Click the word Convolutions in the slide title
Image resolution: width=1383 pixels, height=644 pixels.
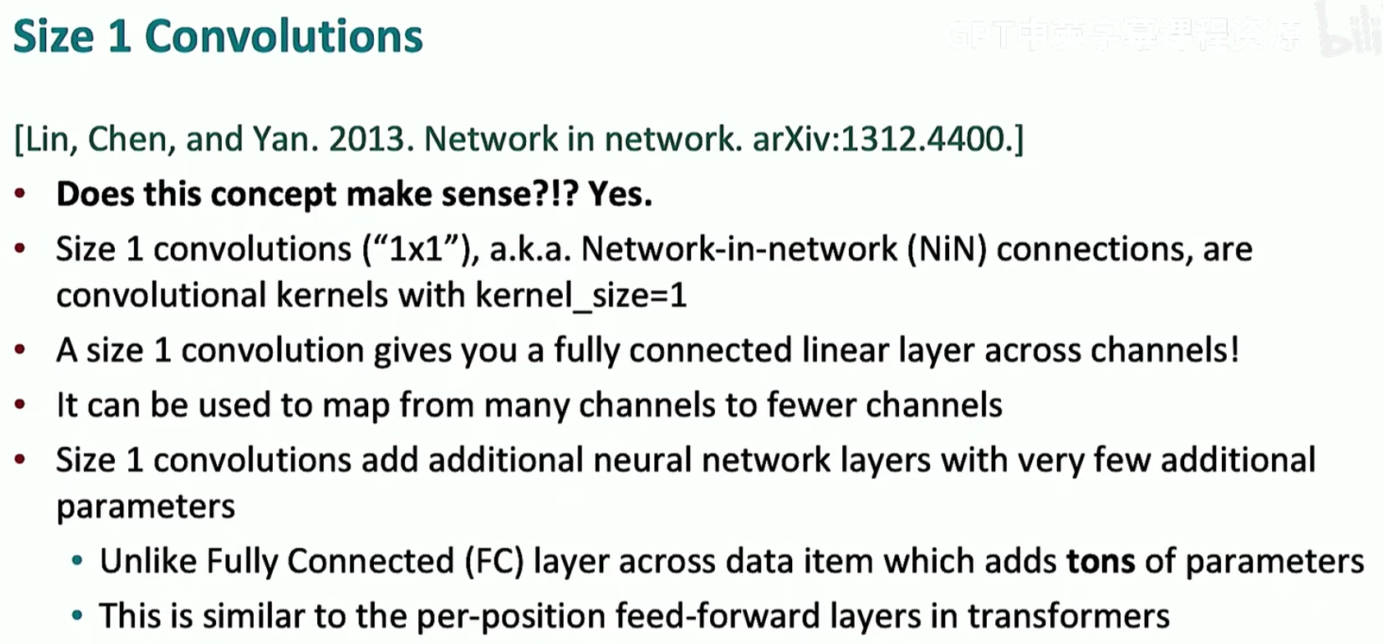click(284, 37)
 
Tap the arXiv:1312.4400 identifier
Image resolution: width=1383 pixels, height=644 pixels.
click(878, 140)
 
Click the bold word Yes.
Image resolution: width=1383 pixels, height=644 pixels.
click(620, 195)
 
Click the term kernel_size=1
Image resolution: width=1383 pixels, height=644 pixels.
click(581, 296)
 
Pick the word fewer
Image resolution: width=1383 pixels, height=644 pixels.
click(811, 405)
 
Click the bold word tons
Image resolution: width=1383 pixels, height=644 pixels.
click(1100, 562)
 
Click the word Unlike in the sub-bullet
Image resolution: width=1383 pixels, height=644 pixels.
click(148, 562)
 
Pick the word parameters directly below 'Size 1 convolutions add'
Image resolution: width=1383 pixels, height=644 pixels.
click(145, 507)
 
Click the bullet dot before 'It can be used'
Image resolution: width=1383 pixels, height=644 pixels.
click(21, 405)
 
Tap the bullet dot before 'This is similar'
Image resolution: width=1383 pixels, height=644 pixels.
click(77, 616)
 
